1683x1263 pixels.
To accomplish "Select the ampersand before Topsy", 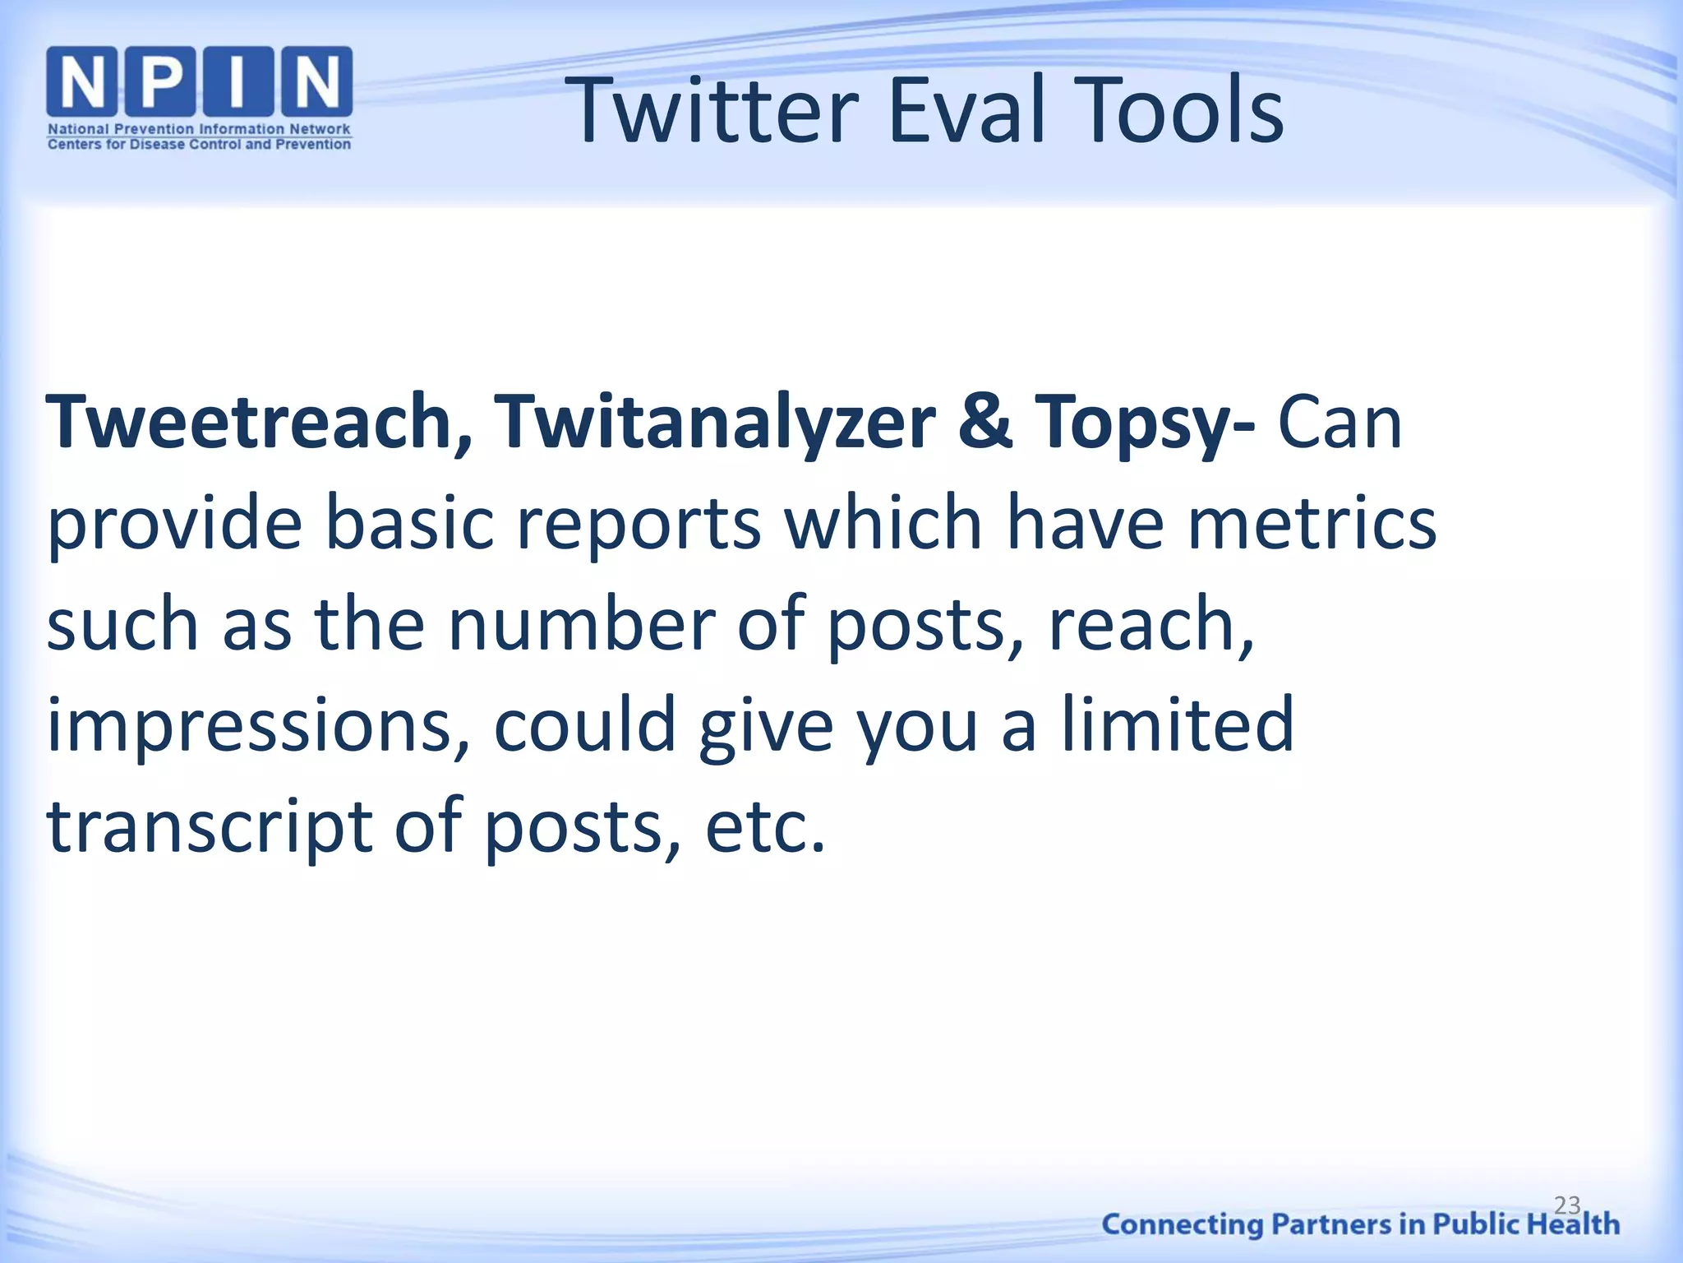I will coord(984,423).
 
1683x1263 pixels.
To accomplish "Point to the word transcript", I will coord(210,826).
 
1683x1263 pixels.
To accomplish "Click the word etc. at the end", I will coord(764,826).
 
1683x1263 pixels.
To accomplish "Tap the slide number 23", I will coord(1567,1205).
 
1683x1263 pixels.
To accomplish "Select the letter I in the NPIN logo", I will coord(237,81).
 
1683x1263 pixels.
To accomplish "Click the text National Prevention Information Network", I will coord(199,129).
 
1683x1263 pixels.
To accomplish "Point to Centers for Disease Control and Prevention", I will coord(199,145).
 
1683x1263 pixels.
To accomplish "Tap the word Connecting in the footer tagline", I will coord(1182,1224).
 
